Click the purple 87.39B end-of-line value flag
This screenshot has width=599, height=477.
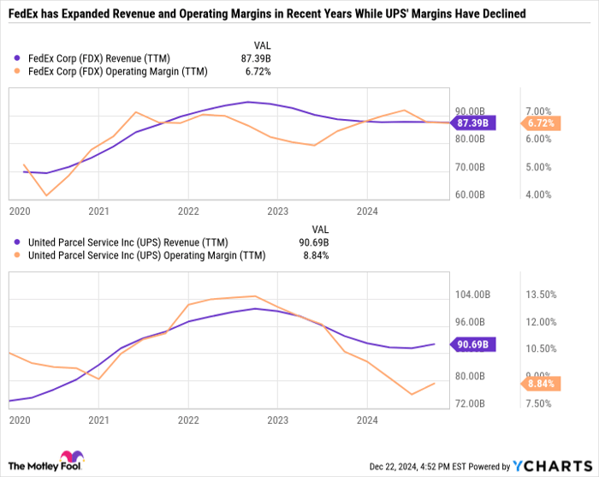(473, 123)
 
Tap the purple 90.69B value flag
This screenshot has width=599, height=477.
(473, 345)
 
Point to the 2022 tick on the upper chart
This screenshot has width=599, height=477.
(187, 210)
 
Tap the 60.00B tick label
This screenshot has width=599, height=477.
(470, 195)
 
